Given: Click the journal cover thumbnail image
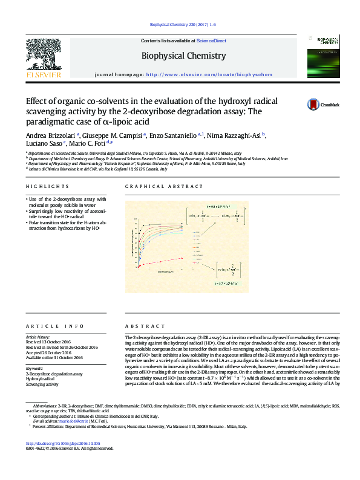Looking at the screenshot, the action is [321, 56].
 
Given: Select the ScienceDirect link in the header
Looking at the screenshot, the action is [211, 41].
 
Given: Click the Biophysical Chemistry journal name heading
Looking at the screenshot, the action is [183, 56].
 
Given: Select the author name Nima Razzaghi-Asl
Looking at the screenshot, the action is [238, 135].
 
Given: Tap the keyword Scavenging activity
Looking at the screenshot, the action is [42, 384].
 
